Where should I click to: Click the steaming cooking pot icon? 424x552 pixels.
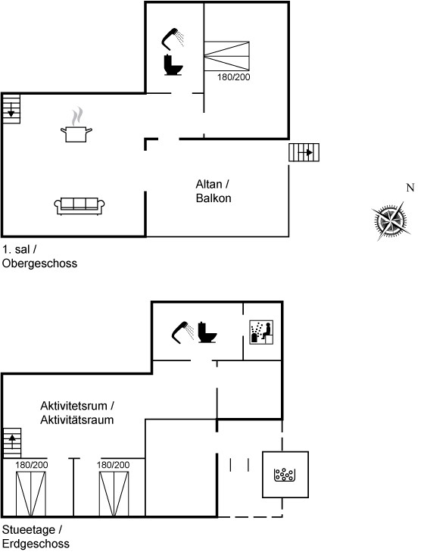(76, 126)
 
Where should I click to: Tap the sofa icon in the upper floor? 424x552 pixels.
(79, 206)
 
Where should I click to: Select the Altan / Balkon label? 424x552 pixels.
(214, 191)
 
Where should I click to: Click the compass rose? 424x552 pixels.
(391, 221)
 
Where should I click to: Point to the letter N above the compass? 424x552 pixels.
(410, 188)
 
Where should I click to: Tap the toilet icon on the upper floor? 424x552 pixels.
(173, 65)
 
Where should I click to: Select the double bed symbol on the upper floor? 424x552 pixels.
(227, 56)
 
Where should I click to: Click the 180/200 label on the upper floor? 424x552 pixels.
(233, 77)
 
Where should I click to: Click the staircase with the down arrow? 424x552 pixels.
(11, 109)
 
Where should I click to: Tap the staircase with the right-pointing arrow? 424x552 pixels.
(304, 152)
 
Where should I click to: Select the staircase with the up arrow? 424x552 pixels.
(12, 443)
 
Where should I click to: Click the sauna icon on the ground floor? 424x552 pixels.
(261, 332)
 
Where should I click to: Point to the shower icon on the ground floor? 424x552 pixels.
(182, 332)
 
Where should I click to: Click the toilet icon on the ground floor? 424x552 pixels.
(207, 332)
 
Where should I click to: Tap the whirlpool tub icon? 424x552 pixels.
(285, 475)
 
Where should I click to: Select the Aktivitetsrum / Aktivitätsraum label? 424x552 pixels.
(77, 413)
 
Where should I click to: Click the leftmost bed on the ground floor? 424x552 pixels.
(31, 494)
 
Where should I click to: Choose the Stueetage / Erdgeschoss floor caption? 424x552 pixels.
(36, 537)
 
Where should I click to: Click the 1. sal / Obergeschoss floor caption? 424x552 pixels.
(39, 256)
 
